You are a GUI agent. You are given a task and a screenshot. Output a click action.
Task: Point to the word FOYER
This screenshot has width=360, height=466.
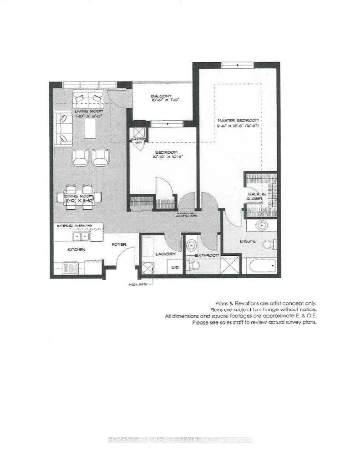pyautogui.click(x=119, y=244)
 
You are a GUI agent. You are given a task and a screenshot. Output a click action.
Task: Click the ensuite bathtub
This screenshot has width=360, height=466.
pyautogui.click(x=261, y=266)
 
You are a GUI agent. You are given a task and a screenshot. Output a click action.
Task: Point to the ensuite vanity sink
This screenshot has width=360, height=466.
pyautogui.click(x=261, y=225)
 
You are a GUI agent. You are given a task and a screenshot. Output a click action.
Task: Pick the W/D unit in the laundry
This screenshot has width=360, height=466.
pyautogui.click(x=175, y=266)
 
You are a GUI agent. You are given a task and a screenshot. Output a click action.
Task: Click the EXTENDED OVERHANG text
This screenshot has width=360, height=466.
pyautogui.click(x=74, y=226)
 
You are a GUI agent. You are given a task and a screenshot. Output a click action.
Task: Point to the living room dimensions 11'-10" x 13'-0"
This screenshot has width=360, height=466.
pyautogui.click(x=89, y=116)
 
